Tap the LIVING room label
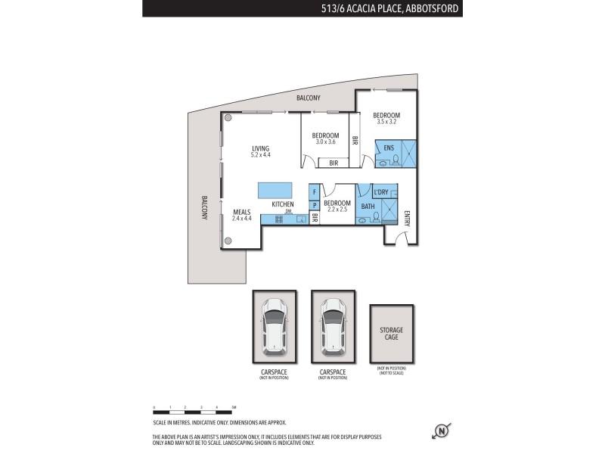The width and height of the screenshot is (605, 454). (x=260, y=148)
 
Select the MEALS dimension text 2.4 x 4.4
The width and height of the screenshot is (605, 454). (x=241, y=219)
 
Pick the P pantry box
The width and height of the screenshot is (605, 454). (x=314, y=205)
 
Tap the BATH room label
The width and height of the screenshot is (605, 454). (x=368, y=206)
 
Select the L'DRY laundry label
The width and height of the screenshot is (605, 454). (x=380, y=192)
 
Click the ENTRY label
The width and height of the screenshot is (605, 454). (x=407, y=218)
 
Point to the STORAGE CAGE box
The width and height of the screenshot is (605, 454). (x=392, y=334)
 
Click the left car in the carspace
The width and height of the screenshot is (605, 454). (x=274, y=326)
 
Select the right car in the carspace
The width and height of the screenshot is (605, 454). (x=333, y=326)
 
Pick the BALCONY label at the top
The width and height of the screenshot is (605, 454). (x=308, y=98)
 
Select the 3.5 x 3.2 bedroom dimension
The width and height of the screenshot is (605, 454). (x=386, y=120)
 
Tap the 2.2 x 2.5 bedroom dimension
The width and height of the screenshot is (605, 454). (x=337, y=209)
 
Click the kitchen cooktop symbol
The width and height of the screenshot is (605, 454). (x=279, y=219)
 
